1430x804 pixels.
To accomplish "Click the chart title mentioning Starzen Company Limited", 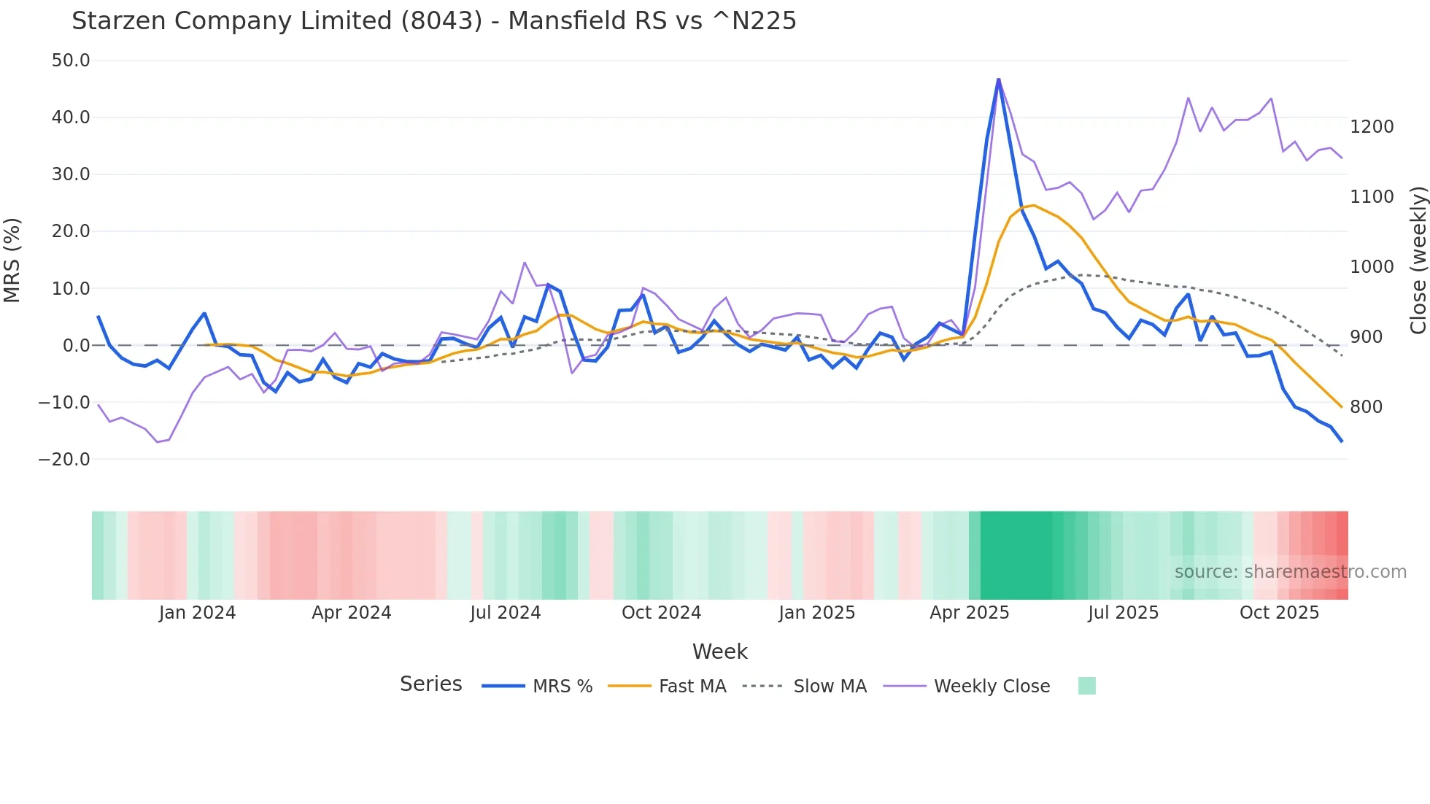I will coord(433,21).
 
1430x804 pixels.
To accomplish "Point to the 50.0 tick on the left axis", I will coord(71,61).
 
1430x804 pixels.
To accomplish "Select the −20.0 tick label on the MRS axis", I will coord(64,460).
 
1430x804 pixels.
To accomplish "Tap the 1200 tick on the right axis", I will coord(1372,127).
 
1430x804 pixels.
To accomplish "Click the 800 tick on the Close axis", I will coord(1366,407).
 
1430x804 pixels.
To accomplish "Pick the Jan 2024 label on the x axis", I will coord(197,613).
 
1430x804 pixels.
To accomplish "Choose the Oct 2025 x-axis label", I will coord(1279,613).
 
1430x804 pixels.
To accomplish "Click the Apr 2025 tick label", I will coord(969,613).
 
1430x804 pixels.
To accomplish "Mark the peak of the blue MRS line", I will coord(998,80).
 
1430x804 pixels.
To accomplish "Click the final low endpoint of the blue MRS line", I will coord(1341,441).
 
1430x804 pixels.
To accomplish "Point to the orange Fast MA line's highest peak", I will coord(1033,206).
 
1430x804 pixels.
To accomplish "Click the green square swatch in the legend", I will coord(1086,686).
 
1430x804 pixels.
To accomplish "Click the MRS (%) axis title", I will coord(12,260).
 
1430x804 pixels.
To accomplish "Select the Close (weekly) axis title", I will coord(1418,260).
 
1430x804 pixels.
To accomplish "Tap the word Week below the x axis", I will coord(719,652).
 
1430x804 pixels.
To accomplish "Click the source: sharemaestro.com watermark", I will coord(1290,572).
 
